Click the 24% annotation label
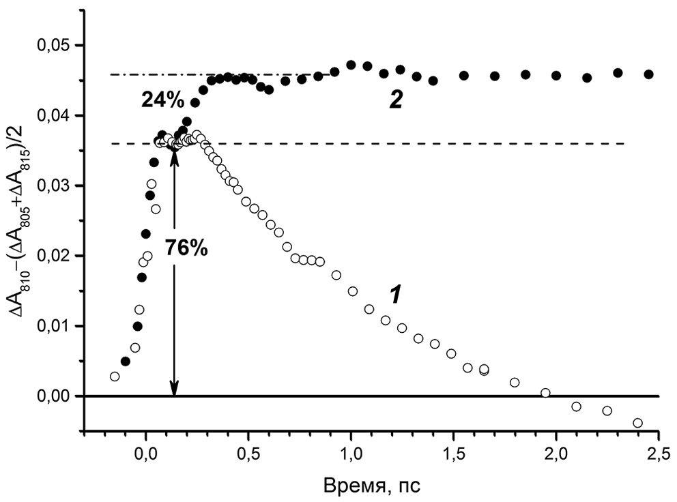pos(162,100)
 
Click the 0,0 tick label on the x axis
pos(145,454)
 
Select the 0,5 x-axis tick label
pos(248,454)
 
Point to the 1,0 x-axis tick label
pos(351,454)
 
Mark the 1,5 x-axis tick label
pos(454,454)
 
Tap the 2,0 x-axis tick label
pos(556,454)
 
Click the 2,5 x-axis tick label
pos(658,454)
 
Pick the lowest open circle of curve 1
pos(637,423)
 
